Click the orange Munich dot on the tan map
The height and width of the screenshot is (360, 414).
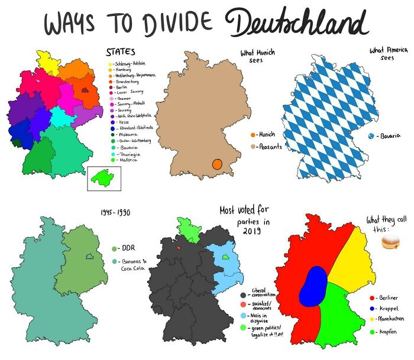coord(217,163)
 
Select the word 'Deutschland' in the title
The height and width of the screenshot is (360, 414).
coord(298,24)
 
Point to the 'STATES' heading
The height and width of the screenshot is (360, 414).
coord(120,52)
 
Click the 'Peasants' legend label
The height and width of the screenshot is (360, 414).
coord(270,146)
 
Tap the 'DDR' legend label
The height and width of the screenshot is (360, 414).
coord(127,248)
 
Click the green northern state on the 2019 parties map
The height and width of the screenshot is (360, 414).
coord(188,229)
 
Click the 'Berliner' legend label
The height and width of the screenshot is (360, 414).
coord(388,299)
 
